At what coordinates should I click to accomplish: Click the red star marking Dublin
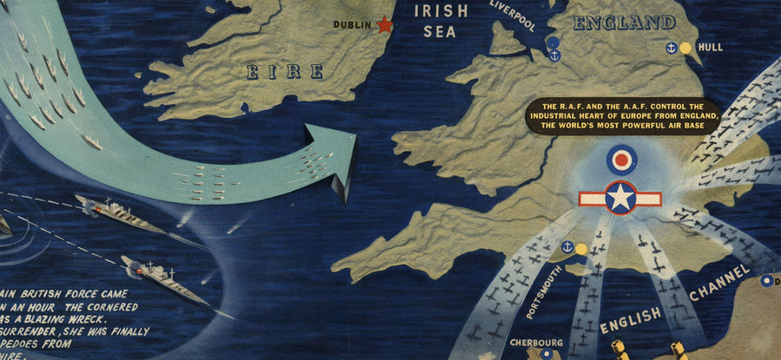tap(384, 25)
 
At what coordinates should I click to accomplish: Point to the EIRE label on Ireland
tap(285, 71)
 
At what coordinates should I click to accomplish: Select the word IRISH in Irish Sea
tap(440, 10)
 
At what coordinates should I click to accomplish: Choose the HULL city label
tap(710, 49)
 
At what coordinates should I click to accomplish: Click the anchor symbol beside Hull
tap(670, 49)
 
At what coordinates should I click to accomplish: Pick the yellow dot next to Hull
tap(685, 49)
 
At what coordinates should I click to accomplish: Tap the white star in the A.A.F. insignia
tap(621, 198)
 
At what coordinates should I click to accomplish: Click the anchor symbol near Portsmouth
tap(568, 248)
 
